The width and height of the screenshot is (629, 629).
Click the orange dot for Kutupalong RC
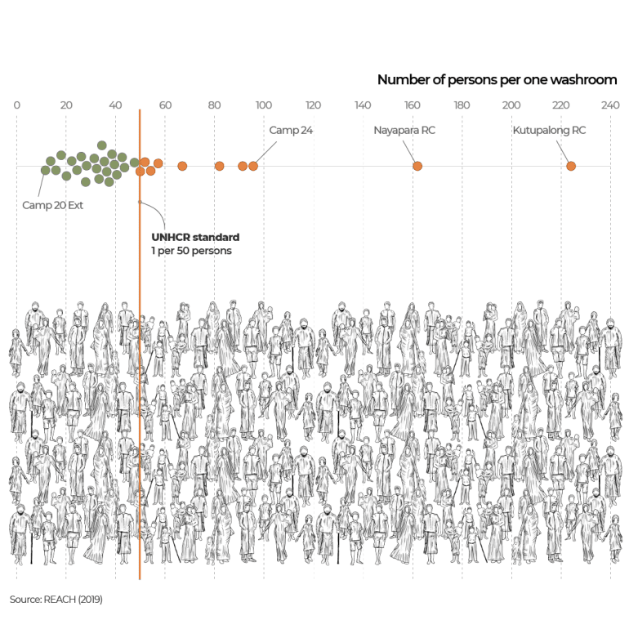click(571, 166)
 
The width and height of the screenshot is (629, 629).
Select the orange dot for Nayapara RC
click(417, 166)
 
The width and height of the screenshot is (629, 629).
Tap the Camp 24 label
click(291, 130)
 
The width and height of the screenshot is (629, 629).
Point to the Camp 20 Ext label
click(53, 205)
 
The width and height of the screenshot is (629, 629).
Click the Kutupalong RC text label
click(549, 130)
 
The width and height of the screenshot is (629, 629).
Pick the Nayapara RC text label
click(404, 130)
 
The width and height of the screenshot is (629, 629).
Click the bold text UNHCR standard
click(195, 237)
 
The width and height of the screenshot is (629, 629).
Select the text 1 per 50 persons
click(191, 251)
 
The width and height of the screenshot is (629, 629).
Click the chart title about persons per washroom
click(497, 80)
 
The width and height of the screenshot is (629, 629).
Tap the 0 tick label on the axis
click(17, 105)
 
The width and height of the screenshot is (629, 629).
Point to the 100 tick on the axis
click(264, 105)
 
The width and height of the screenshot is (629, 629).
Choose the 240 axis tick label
click(610, 105)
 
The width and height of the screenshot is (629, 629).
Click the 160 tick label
click(413, 105)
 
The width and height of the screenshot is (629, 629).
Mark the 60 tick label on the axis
click(165, 105)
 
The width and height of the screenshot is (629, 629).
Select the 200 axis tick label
click(511, 105)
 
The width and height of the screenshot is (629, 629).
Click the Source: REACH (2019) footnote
click(56, 599)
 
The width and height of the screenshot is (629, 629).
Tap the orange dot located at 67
click(182, 166)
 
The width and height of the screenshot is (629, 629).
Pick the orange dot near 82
click(219, 166)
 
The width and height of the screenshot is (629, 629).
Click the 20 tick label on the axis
click(66, 105)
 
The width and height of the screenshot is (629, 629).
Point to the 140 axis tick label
click(363, 105)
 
